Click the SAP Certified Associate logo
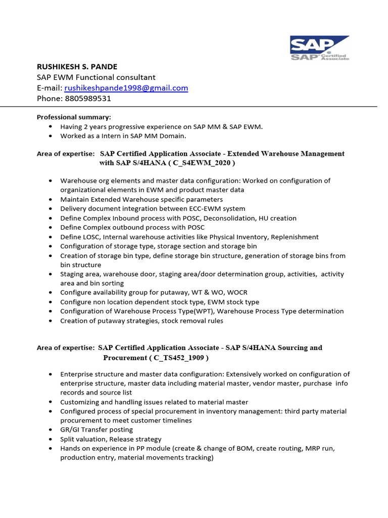pyautogui.click(x=319, y=48)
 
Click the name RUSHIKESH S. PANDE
pyautogui.click(x=77, y=67)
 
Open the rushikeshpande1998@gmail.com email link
pyautogui.click(x=126, y=88)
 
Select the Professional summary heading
pyautogui.click(x=74, y=117)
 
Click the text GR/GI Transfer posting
pyautogui.click(x=96, y=429)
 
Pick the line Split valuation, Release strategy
pyautogui.click(x=111, y=439)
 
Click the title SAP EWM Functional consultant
pyautogui.click(x=96, y=77)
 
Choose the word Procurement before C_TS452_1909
pyautogui.click(x=125, y=358)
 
